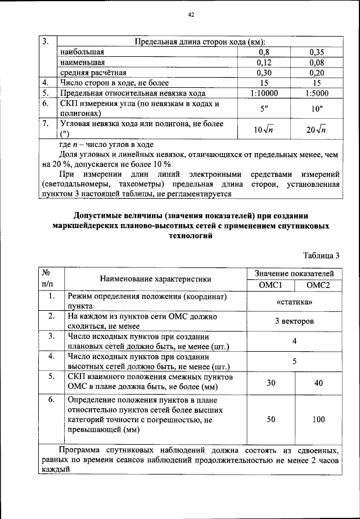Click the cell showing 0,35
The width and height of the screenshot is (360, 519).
pyautogui.click(x=318, y=52)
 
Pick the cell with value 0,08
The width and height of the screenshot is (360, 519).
pyautogui.click(x=318, y=62)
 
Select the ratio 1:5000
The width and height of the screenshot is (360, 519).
pyautogui.click(x=318, y=93)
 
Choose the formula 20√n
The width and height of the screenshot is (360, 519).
pyautogui.click(x=317, y=129)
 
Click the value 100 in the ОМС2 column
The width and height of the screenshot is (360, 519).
pyautogui.click(x=318, y=420)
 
